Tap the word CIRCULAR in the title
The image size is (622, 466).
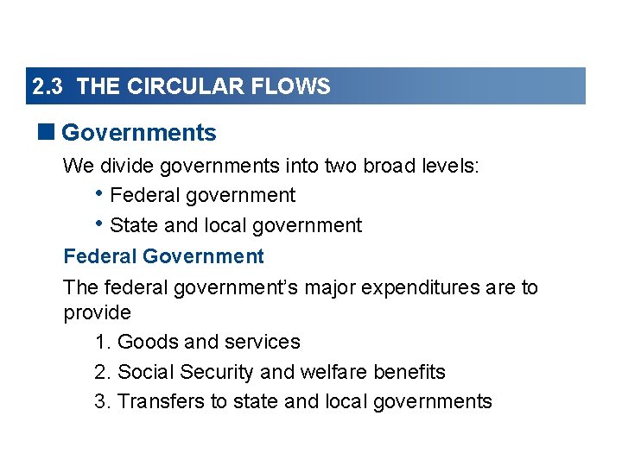point(171,87)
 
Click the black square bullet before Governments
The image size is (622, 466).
point(48,132)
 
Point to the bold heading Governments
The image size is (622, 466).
point(139,133)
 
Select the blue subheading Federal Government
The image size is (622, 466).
point(163,256)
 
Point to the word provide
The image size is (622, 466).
point(97,312)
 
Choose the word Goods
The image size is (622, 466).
point(145,343)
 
